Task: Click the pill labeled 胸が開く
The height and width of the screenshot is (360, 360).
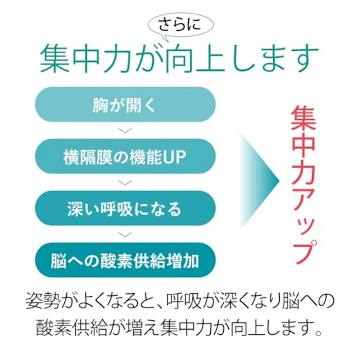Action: coord(125,104)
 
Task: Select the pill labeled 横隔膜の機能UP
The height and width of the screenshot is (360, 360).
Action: coord(125,156)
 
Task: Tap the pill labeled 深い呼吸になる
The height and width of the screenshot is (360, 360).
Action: coord(125,208)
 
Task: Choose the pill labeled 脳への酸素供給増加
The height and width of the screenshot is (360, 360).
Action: coord(125,260)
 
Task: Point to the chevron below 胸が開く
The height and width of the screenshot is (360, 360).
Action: coord(125,131)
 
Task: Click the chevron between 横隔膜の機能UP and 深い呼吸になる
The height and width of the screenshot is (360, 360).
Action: coord(125,182)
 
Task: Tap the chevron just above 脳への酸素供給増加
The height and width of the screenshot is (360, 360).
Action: coord(125,234)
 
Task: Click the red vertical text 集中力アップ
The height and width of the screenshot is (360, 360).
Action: coord(303,185)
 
